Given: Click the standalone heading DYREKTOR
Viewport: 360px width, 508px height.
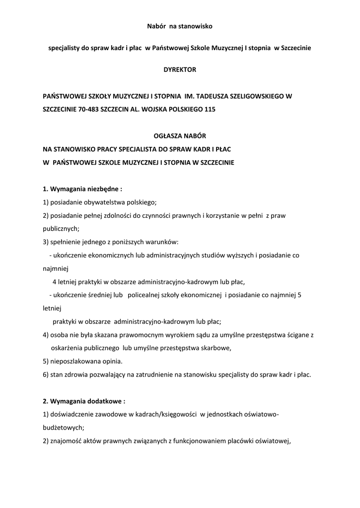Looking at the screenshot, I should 180,69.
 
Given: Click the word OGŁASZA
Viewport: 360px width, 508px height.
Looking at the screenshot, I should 166,135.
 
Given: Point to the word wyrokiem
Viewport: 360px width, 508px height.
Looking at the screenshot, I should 171,335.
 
